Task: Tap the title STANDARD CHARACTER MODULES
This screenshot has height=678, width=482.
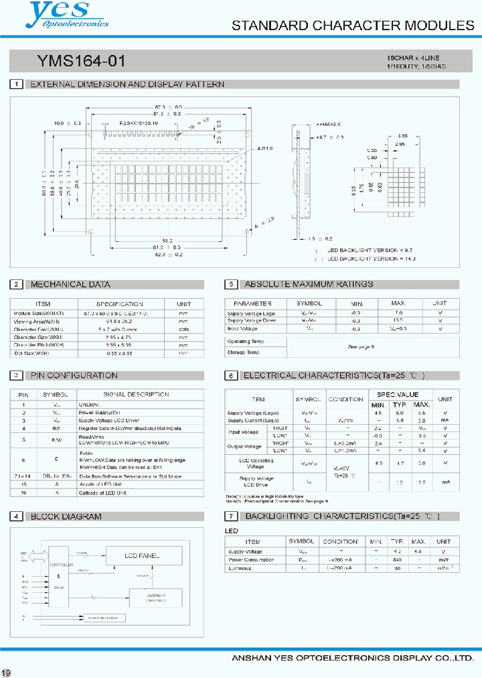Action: [352, 26]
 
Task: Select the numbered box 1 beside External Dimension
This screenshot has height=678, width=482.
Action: [15, 84]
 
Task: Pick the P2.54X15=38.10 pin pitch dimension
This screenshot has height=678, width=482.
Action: [139, 124]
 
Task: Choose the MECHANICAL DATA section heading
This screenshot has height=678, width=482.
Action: [70, 285]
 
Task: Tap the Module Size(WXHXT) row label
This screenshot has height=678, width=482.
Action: [38, 314]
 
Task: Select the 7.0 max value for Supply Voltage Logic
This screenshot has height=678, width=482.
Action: [398, 314]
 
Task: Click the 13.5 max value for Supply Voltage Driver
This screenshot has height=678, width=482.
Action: [398, 321]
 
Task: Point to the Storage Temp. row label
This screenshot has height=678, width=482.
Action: [243, 352]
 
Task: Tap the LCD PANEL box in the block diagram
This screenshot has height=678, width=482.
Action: [143, 556]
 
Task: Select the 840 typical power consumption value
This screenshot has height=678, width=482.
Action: [398, 559]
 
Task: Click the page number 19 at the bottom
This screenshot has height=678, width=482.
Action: [6, 672]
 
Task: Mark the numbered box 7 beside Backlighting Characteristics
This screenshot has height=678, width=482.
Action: [230, 517]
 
